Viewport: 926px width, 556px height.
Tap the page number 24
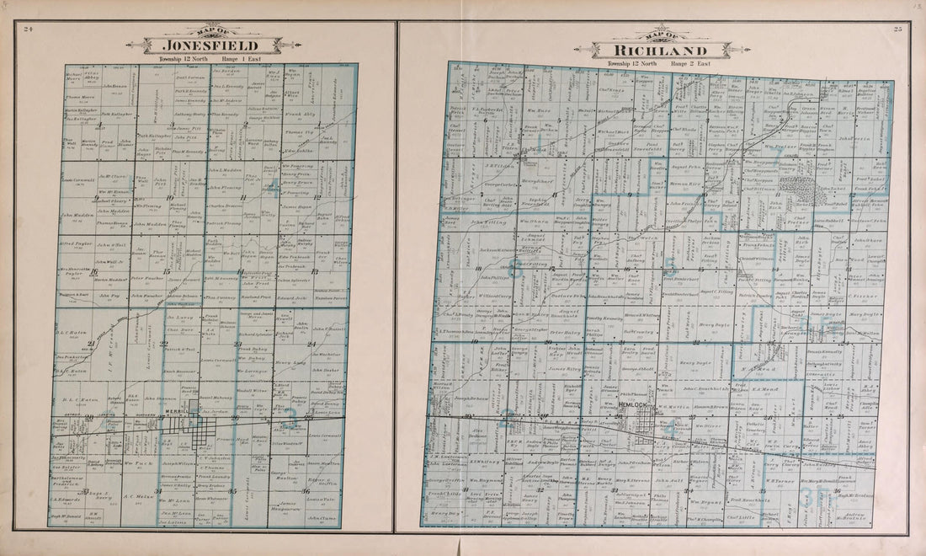click(28, 29)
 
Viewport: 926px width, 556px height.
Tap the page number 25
click(897, 29)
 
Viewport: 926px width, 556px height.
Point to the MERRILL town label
click(178, 411)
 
